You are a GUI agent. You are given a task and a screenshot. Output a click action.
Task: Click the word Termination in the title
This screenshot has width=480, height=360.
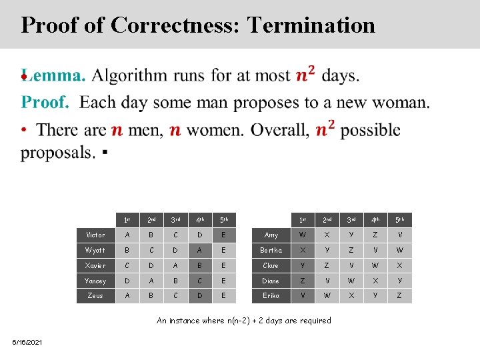pos(311,25)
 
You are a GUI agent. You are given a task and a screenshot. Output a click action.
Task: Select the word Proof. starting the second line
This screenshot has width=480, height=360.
pos(45,103)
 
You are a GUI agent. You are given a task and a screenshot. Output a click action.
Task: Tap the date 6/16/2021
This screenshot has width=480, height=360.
pos(27,342)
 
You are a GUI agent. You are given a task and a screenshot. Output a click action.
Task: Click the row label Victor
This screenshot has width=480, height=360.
pos(95,235)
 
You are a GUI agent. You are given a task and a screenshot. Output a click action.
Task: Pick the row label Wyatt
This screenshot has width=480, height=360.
pos(95,251)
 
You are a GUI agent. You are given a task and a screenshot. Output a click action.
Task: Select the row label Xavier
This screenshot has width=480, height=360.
pos(95,266)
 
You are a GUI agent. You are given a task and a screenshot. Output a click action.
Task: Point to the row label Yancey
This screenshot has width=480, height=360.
pos(95,281)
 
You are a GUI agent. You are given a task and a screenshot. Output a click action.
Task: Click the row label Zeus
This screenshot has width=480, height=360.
pos(95,296)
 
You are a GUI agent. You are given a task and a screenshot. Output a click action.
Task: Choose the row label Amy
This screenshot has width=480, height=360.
pos(271,235)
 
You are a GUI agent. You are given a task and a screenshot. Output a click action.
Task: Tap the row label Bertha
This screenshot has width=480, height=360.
pos(271,251)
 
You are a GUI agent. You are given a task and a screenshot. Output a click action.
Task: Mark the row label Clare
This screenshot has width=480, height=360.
pos(271,266)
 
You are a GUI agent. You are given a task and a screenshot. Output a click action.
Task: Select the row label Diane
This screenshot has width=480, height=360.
pos(271,281)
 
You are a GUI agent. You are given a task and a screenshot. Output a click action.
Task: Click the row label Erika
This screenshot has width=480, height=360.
pos(271,296)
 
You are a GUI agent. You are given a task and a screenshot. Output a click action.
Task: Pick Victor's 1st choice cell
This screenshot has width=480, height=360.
pos(127,235)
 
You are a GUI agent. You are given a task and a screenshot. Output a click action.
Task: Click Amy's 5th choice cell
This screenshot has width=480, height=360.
pos(399,235)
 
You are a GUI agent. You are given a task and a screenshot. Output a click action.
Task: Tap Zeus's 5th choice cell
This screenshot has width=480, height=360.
pos(224,296)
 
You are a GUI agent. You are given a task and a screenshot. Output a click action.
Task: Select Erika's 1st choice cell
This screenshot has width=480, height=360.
pos(303,296)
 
